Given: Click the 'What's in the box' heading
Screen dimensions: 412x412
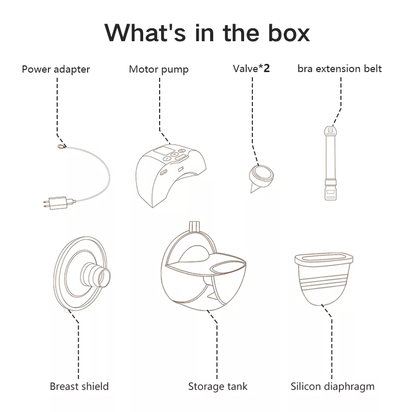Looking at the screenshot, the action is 207,32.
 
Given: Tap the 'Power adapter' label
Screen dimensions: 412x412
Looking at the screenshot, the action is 56,70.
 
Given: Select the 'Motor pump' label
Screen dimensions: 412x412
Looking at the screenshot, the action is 159,70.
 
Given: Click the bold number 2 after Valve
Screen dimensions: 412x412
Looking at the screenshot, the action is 266,68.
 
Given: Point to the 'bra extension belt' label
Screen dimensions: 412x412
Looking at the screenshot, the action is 339,69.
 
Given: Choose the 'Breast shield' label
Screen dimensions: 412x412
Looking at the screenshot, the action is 79,386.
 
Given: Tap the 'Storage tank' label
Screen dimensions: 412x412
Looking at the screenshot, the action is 218,386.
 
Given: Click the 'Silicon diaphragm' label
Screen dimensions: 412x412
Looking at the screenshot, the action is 332,387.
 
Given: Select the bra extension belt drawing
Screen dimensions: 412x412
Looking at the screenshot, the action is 331,163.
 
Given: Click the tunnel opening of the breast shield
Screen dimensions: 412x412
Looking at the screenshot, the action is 105,278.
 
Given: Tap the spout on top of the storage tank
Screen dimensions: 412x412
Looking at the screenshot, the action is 194,227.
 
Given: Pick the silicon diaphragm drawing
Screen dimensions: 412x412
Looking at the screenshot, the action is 324,279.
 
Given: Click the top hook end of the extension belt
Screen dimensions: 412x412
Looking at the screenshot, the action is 331,131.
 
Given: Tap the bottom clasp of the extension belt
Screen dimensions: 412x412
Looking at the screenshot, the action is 331,193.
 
